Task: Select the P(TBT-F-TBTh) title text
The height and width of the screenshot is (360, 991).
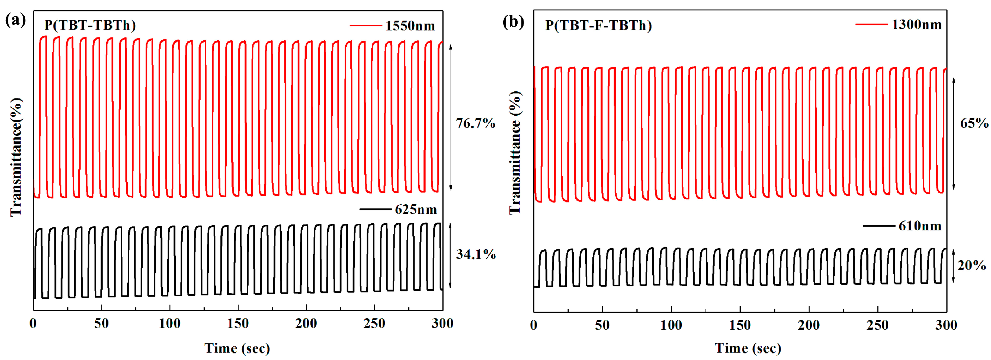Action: pyautogui.click(x=598, y=25)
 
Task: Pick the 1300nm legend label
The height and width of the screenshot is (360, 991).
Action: pyautogui.click(x=916, y=25)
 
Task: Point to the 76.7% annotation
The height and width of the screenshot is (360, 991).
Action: pyautogui.click(x=476, y=123)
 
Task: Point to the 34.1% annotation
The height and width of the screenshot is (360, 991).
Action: pyautogui.click(x=476, y=254)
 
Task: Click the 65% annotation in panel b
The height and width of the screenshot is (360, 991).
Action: pyautogui.click(x=974, y=123)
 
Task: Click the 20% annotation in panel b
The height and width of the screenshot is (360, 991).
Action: pyautogui.click(x=971, y=265)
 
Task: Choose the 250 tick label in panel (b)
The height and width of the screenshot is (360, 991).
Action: pyautogui.click(x=877, y=325)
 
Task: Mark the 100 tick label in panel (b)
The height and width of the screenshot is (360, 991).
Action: pyautogui.click(x=671, y=325)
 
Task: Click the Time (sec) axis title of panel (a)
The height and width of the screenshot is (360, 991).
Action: pyautogui.click(x=237, y=348)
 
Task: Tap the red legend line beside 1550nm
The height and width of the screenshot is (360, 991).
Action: pyautogui.click(x=365, y=26)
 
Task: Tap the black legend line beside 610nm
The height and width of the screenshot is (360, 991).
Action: pyautogui.click(x=879, y=226)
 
